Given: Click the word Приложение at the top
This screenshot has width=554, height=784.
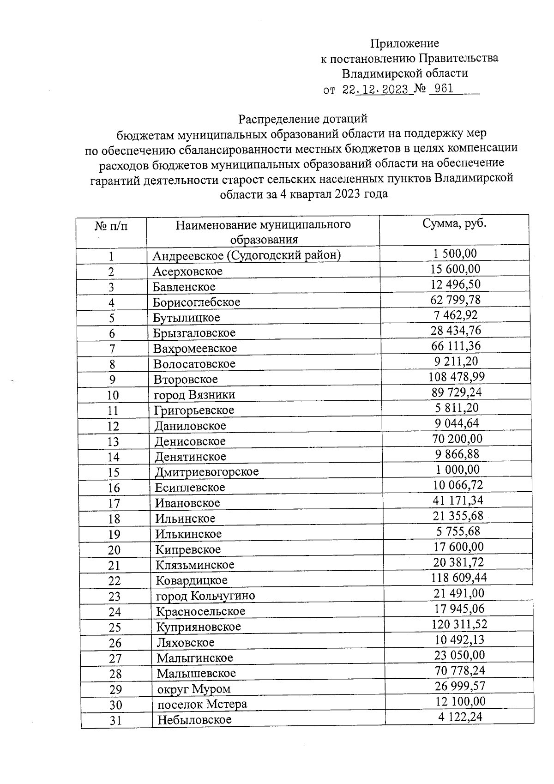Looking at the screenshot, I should [404, 43].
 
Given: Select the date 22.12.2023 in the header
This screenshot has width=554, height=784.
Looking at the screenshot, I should [375, 89].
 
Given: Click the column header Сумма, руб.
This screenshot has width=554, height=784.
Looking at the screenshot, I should [454, 223].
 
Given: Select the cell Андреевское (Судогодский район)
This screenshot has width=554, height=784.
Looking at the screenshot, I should [247, 255].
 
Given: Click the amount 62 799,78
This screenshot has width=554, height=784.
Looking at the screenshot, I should [456, 300].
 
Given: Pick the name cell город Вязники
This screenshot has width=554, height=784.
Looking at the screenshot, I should [194, 395].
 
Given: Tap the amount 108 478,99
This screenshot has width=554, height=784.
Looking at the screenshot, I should [456, 377].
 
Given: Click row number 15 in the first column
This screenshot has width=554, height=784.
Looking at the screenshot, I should [113, 472].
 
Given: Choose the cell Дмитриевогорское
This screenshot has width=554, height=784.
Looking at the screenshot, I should [207, 472].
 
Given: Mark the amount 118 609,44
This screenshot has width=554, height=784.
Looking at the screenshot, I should [457, 578].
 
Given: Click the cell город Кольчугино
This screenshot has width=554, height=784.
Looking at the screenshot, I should [205, 596].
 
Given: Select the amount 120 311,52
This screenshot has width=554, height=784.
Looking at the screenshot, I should [459, 624].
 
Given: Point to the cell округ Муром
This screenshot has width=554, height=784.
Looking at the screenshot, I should [194, 689].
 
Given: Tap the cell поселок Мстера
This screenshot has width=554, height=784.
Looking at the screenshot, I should [202, 704].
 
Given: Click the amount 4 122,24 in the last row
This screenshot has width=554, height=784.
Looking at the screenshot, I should [460, 717].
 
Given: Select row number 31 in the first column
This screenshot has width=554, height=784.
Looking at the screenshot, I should [115, 720].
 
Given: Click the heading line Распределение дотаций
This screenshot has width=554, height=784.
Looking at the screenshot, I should [302, 119].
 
